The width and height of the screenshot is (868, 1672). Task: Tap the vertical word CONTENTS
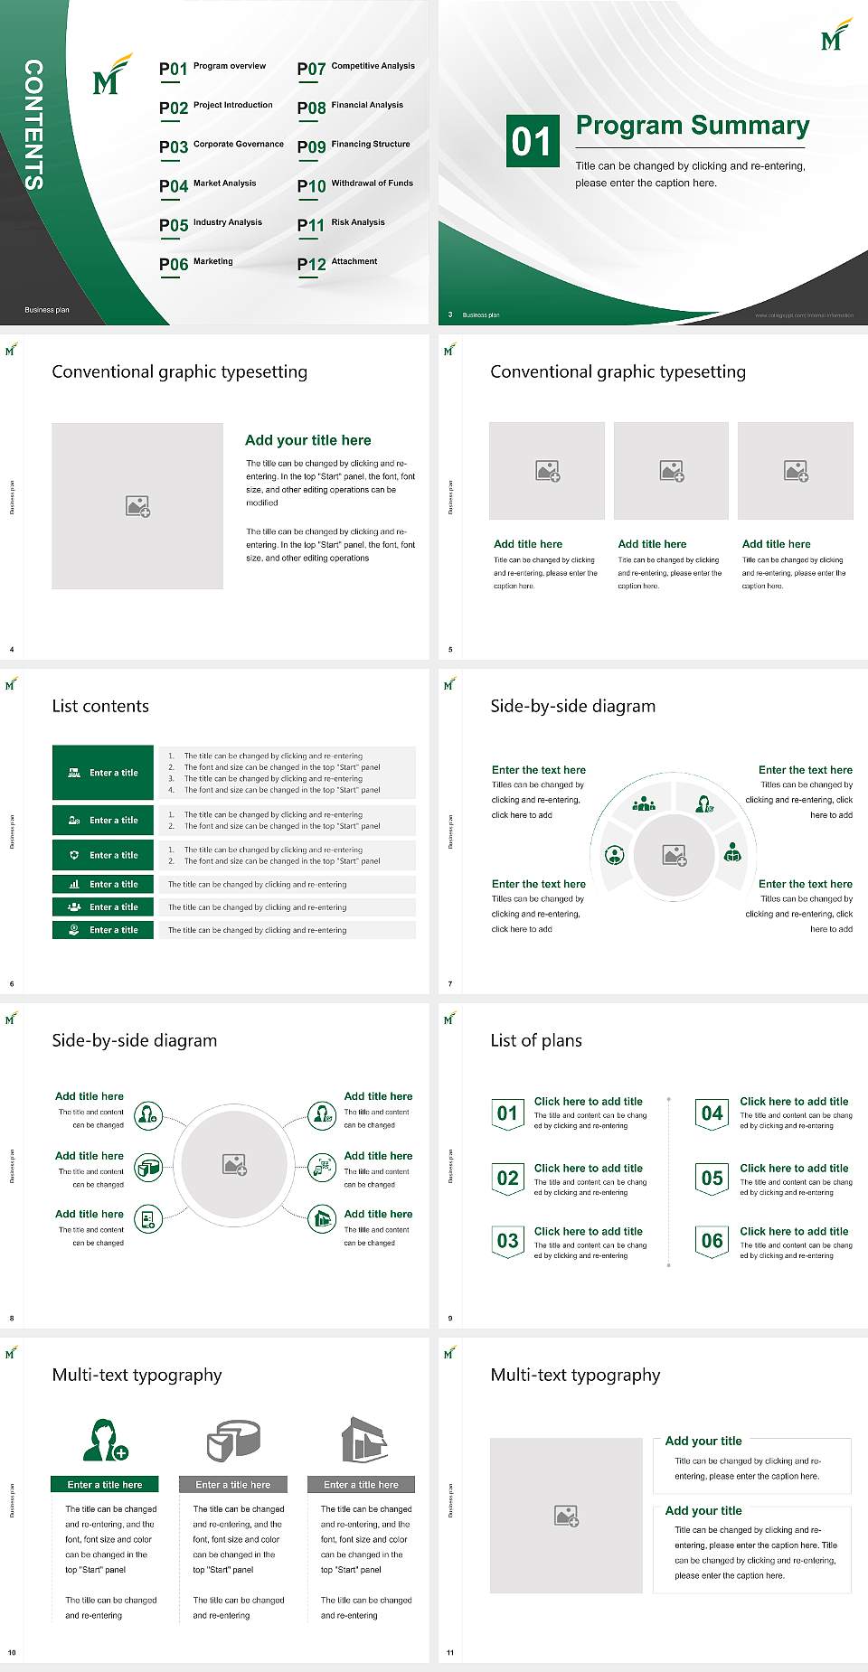(x=33, y=125)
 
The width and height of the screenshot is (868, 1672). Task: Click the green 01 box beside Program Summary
(x=532, y=141)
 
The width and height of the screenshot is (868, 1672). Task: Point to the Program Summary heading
(x=692, y=126)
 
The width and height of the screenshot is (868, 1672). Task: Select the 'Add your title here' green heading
(x=307, y=440)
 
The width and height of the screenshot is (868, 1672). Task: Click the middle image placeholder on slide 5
(x=671, y=471)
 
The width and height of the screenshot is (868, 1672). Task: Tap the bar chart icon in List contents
(x=74, y=884)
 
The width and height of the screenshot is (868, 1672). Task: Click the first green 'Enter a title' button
(x=104, y=773)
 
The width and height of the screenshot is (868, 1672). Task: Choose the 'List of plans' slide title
(x=535, y=1040)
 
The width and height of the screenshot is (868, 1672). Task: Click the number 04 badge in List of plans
(x=712, y=1113)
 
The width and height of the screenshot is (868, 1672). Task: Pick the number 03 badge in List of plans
(x=507, y=1241)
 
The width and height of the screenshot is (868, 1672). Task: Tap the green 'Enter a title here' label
(x=105, y=1484)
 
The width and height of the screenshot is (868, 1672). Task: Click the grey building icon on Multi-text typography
(x=363, y=1440)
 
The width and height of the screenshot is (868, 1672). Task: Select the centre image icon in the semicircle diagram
(x=675, y=855)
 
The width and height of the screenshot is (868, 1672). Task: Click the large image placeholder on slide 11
(x=567, y=1516)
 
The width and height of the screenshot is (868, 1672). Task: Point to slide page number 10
(x=12, y=1652)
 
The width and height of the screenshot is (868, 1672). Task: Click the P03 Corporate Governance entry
(x=221, y=146)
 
